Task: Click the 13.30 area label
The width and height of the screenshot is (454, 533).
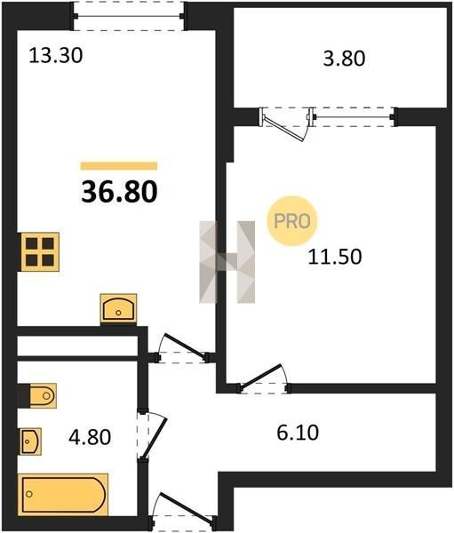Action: click(55, 55)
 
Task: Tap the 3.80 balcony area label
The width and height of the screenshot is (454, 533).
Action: click(344, 58)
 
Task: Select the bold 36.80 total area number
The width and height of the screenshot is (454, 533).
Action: click(119, 191)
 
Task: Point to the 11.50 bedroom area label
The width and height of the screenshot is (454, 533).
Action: click(335, 257)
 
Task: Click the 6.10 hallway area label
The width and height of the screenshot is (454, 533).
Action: click(298, 433)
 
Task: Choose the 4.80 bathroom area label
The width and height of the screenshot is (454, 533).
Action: click(90, 437)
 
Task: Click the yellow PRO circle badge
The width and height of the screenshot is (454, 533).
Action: click(292, 221)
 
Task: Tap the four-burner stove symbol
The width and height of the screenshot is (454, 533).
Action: click(40, 252)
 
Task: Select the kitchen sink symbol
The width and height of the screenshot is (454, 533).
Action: click(118, 309)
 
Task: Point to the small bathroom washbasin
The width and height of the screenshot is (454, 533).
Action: click(31, 442)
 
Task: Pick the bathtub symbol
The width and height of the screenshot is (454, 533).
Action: click(63, 495)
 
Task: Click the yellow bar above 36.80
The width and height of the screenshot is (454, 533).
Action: click(119, 166)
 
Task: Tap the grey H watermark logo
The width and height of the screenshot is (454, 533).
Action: click(227, 262)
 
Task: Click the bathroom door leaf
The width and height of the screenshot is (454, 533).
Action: click(154, 438)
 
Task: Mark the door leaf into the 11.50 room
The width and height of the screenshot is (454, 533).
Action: click(261, 376)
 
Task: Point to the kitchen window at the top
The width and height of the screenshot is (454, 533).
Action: click(129, 16)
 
